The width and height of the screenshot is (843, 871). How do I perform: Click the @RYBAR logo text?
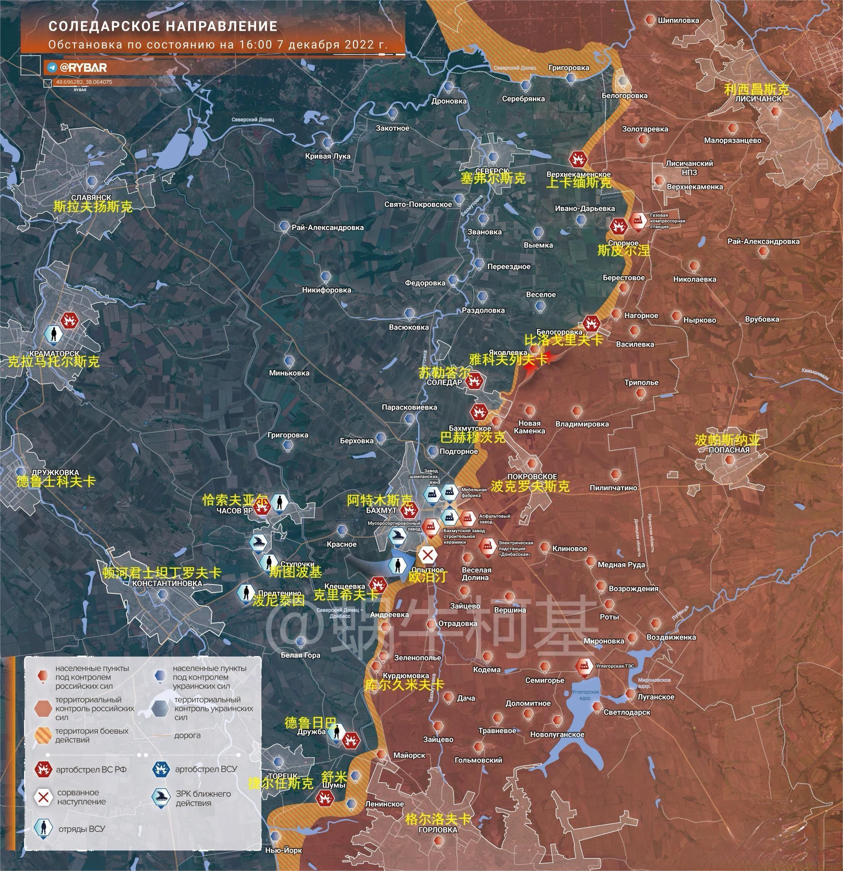83,67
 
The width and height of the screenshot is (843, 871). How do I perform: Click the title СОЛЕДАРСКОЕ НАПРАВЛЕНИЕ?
163,27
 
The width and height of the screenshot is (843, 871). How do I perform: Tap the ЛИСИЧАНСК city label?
758,99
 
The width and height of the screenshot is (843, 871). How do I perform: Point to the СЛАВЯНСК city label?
91,197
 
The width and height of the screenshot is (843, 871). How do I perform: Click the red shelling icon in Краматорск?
70,320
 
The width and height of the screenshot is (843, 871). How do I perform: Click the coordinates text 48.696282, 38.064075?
84,82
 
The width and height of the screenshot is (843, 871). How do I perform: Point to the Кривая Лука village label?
327,156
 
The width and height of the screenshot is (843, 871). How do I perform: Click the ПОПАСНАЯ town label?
729,450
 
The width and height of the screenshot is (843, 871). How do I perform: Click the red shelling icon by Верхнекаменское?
578,159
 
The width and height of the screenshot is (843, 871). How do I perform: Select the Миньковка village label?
289,373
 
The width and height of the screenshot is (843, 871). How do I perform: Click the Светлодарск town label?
627,712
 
